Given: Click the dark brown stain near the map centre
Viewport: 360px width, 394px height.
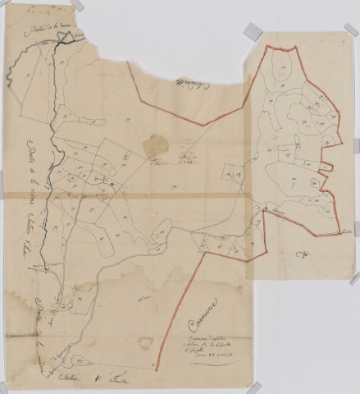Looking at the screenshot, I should pyautogui.click(x=153, y=146).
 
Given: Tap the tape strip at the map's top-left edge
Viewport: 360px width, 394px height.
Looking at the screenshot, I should pyautogui.click(x=76, y=5).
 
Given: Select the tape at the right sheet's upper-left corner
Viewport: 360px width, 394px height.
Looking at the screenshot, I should pyautogui.click(x=250, y=33).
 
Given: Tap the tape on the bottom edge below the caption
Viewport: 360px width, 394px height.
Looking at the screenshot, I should pyautogui.click(x=255, y=386).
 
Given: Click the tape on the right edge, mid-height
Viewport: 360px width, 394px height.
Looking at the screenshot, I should pyautogui.click(x=354, y=279).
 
